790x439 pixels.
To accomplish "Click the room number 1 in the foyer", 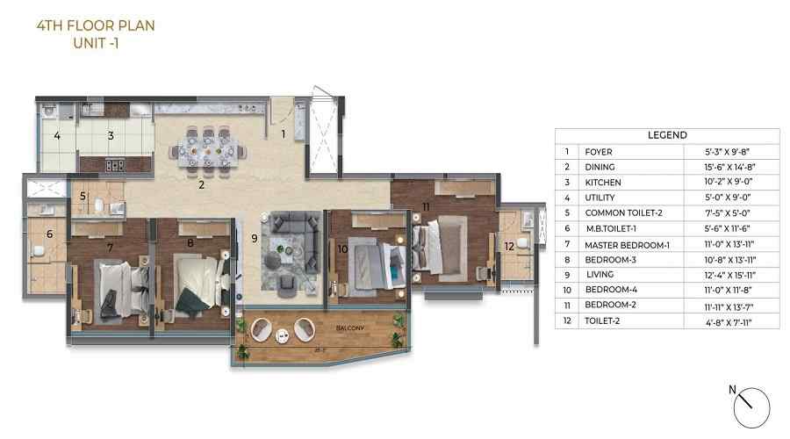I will [x=284, y=134].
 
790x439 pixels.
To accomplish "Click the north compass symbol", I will [x=750, y=405].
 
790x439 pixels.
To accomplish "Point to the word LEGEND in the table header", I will [x=667, y=135].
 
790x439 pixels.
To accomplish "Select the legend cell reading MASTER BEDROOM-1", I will [x=627, y=244].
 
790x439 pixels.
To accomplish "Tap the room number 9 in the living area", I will [x=254, y=237].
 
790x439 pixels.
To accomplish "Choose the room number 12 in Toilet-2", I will [x=509, y=246].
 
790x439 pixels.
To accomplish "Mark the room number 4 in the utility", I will [x=57, y=136].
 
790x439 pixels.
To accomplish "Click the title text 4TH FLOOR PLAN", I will [x=96, y=25].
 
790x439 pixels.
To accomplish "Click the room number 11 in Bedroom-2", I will [x=425, y=206].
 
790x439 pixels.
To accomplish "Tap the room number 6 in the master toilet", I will [x=49, y=234].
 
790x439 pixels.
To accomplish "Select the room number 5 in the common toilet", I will [x=83, y=197].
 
